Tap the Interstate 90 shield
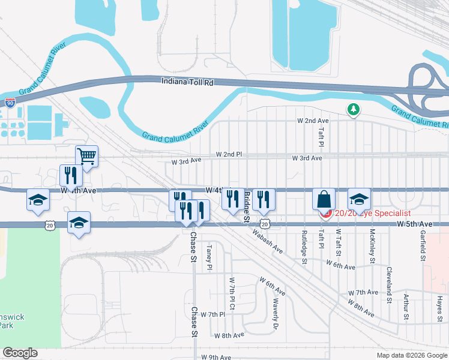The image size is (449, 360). pos(10,103)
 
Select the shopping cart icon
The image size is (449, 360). pos(87,157)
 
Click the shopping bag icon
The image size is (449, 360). pos(324,199)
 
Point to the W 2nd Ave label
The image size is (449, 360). pos(313,121)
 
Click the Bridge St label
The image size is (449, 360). pos(247,208)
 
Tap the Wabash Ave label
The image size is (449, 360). pos(267,239)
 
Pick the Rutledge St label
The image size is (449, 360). pos(305,247)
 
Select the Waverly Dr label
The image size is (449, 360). pos(276,314)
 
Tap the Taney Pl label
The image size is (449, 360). pos(209,257)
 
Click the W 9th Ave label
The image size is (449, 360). pos(216,357)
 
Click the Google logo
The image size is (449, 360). pos(20,353)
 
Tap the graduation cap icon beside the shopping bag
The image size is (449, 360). pos(359,199)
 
